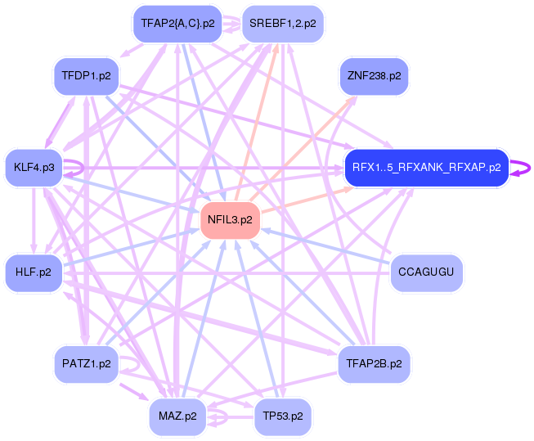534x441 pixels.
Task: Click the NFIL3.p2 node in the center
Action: click(x=231, y=220)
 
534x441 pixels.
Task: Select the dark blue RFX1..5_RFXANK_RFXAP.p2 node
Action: click(x=426, y=168)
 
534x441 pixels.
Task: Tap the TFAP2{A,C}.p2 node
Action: click(x=177, y=24)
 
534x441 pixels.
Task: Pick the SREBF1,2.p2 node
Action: click(x=284, y=24)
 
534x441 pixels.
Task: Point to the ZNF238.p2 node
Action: click(x=374, y=76)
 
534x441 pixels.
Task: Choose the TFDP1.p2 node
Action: click(x=86, y=76)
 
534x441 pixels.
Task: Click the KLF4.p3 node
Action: click(x=34, y=168)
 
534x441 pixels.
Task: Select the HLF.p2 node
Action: click(x=34, y=272)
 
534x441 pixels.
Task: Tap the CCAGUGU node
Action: click(x=426, y=272)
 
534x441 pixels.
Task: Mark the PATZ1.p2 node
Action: click(x=86, y=363)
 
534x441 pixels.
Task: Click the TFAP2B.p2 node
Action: click(x=374, y=363)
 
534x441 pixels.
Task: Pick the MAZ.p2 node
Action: click(x=177, y=416)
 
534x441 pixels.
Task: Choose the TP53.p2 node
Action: click(x=283, y=416)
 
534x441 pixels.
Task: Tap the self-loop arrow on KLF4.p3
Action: click(x=78, y=168)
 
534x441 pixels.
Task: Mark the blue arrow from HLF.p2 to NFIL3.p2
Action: click(x=131, y=247)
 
